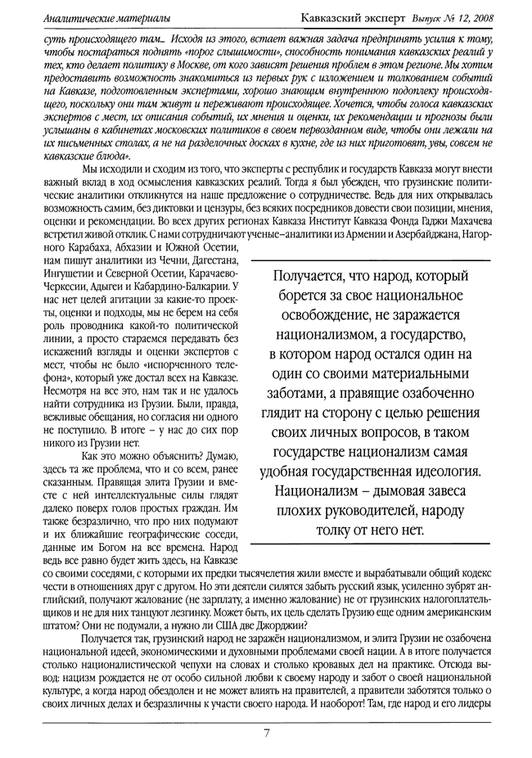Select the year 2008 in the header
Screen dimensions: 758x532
[x=484, y=16]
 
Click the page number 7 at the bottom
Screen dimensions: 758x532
[x=267, y=731]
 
